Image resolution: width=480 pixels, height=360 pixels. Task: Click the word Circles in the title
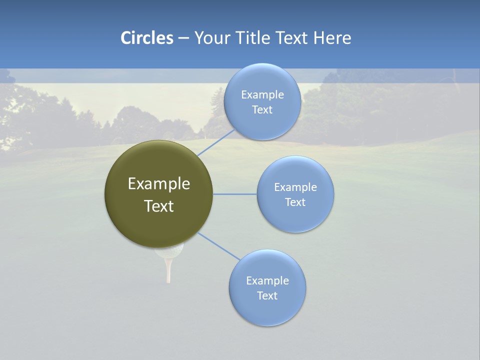146,38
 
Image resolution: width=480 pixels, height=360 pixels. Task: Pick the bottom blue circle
267,310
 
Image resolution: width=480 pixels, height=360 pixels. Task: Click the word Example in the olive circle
158,184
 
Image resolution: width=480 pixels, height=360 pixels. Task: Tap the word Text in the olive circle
158,206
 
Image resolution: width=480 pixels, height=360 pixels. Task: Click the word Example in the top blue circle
262,95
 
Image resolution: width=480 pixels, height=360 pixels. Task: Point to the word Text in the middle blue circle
295,202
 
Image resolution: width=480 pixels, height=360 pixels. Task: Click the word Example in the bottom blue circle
267,281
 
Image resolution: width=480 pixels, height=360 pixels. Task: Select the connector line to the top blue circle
216,142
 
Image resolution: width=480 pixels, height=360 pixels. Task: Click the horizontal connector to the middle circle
235,194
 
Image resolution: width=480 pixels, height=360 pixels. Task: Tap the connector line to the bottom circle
219,246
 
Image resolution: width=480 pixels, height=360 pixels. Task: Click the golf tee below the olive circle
168,270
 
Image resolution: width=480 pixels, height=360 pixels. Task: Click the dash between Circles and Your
183,38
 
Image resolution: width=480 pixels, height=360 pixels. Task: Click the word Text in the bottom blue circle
267,296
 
